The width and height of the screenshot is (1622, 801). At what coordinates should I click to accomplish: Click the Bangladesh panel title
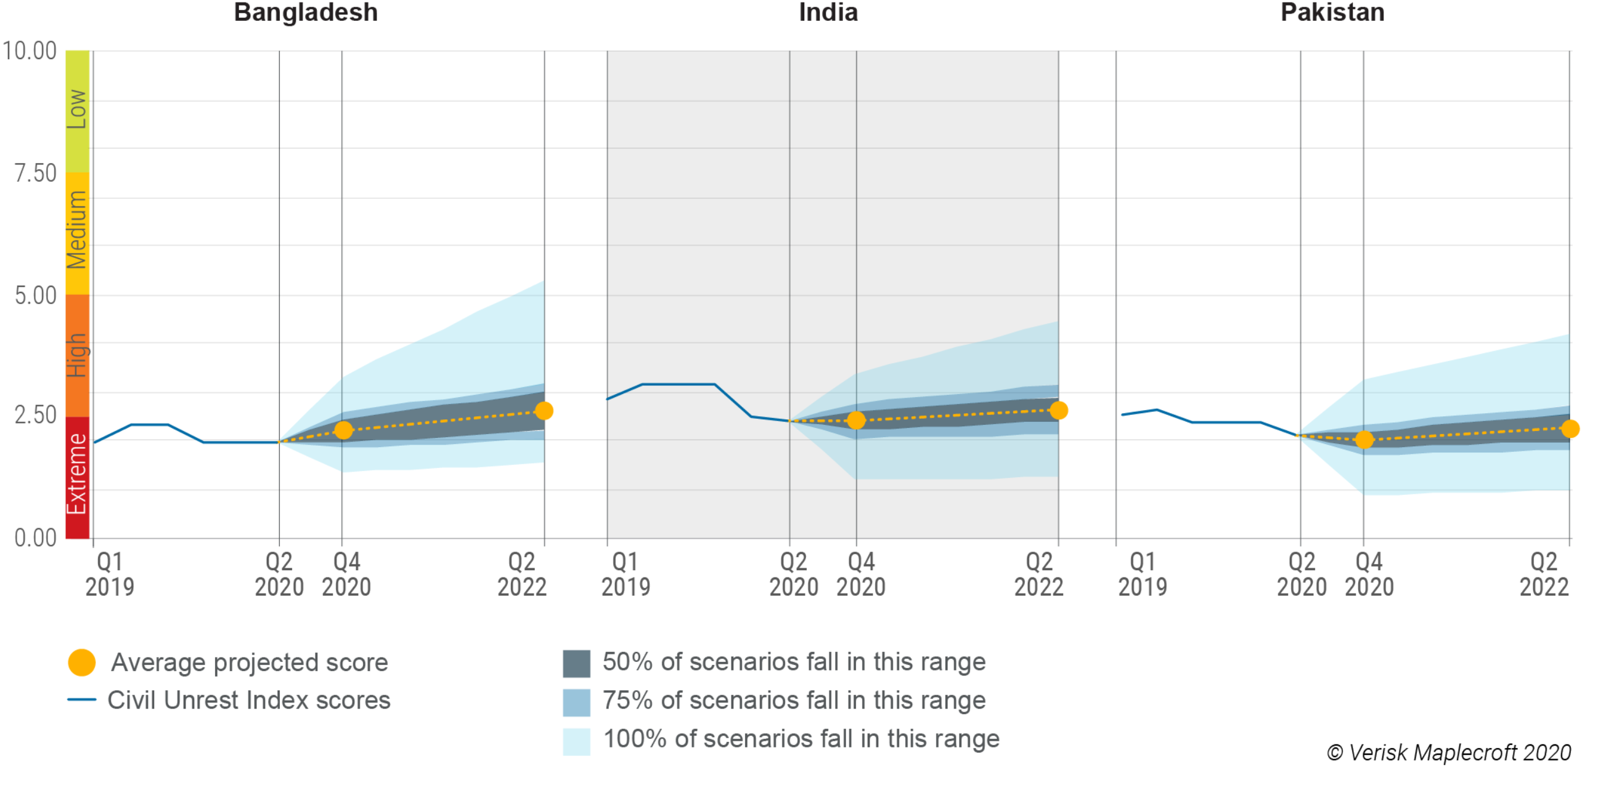coord(306,12)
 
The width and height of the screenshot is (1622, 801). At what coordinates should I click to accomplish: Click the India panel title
coord(828,12)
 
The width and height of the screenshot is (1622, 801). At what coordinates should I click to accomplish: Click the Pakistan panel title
coord(1332,12)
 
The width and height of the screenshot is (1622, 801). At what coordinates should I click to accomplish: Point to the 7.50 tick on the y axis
coord(35,173)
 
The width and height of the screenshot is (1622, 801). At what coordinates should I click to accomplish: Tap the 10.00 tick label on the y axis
coord(30,51)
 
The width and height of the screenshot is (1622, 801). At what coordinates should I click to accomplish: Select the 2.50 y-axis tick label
coord(35,416)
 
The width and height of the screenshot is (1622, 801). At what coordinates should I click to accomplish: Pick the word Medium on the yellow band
coord(78,230)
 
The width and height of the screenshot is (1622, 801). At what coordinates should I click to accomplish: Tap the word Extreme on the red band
coord(78,474)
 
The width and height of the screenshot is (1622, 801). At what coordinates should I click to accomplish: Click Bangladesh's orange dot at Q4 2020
coord(343,430)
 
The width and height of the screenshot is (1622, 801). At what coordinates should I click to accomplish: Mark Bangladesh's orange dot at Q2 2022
coord(544,411)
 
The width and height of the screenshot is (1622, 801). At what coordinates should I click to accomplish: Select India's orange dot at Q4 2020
coord(857,421)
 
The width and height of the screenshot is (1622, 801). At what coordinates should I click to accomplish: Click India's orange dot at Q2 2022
coord(1059,410)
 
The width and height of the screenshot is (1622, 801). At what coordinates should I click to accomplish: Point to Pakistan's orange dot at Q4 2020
coord(1364,440)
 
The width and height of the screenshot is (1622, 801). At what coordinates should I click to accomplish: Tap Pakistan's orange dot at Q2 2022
coord(1570,429)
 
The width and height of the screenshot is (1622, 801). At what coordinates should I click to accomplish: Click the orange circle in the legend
coord(82,662)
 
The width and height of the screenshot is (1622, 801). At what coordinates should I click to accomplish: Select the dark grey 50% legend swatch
coord(576,664)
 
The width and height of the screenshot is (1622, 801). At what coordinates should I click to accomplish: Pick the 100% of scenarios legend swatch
coord(576,741)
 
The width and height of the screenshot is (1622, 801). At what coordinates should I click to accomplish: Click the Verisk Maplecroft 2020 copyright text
coord(1448,752)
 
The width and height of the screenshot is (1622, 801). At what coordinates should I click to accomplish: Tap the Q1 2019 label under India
coord(626,574)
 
